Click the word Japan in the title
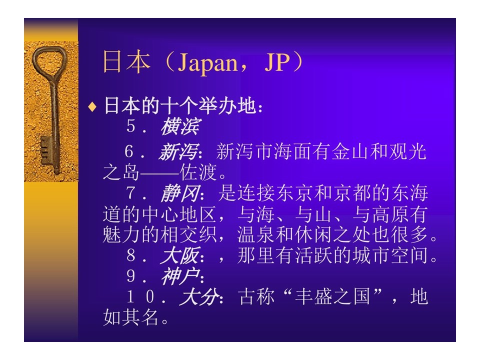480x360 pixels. tap(208, 63)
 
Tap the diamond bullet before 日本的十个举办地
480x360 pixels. tap(92, 107)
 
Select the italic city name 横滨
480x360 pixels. tap(180, 126)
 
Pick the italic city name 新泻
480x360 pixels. tap(178, 152)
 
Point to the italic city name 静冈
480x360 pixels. tap(180, 193)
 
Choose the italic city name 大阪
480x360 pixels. tap(180, 255)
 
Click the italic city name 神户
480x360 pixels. tap(180, 276)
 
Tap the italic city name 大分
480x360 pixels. tap(200, 296)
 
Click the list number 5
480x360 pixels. tap(130, 126)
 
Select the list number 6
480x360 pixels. tap(129, 151)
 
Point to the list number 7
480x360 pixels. tap(130, 193)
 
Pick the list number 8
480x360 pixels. tap(130, 255)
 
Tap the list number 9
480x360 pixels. tap(130, 276)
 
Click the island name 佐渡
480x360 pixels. tap(198, 172)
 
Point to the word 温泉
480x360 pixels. tap(256, 234)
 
